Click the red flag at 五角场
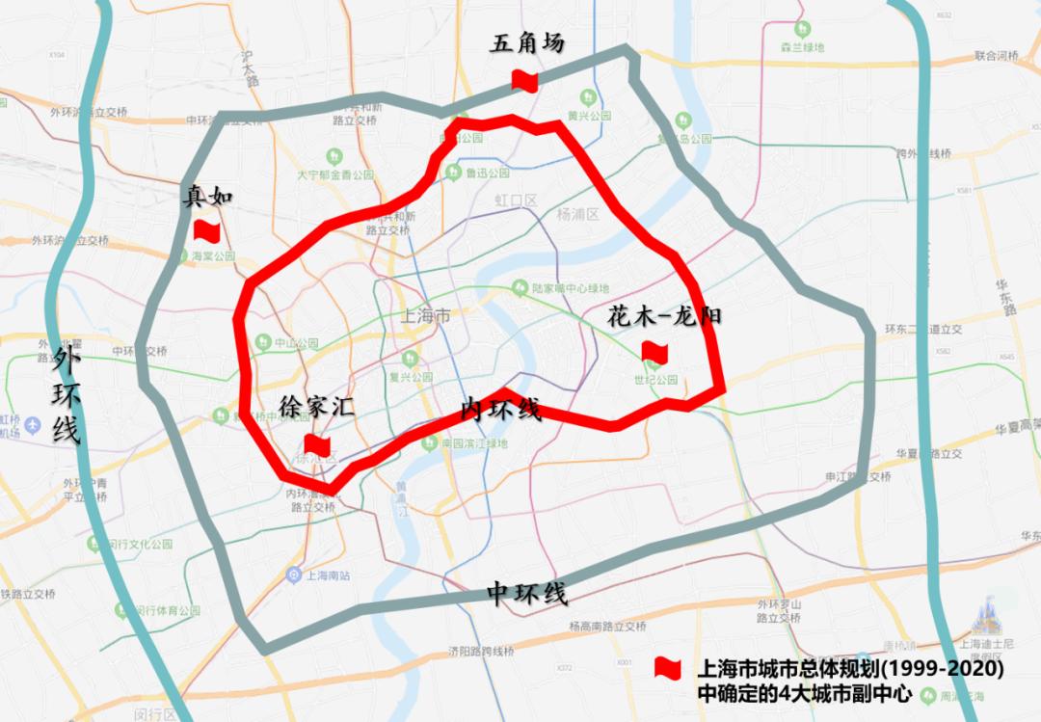[x=524, y=81]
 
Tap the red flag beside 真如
[x=207, y=230]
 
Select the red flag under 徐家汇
[x=317, y=444]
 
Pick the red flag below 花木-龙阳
[x=654, y=352]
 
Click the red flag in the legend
[x=667, y=667]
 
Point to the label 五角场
[x=526, y=44]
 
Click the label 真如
[x=208, y=198]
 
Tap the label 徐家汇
[x=316, y=407]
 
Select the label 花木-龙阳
[x=664, y=316]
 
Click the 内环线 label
[x=500, y=409]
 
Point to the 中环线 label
[x=526, y=593]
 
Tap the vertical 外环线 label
[x=66, y=396]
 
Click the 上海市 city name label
[x=425, y=316]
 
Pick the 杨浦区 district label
[x=577, y=214]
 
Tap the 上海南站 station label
[x=325, y=575]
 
